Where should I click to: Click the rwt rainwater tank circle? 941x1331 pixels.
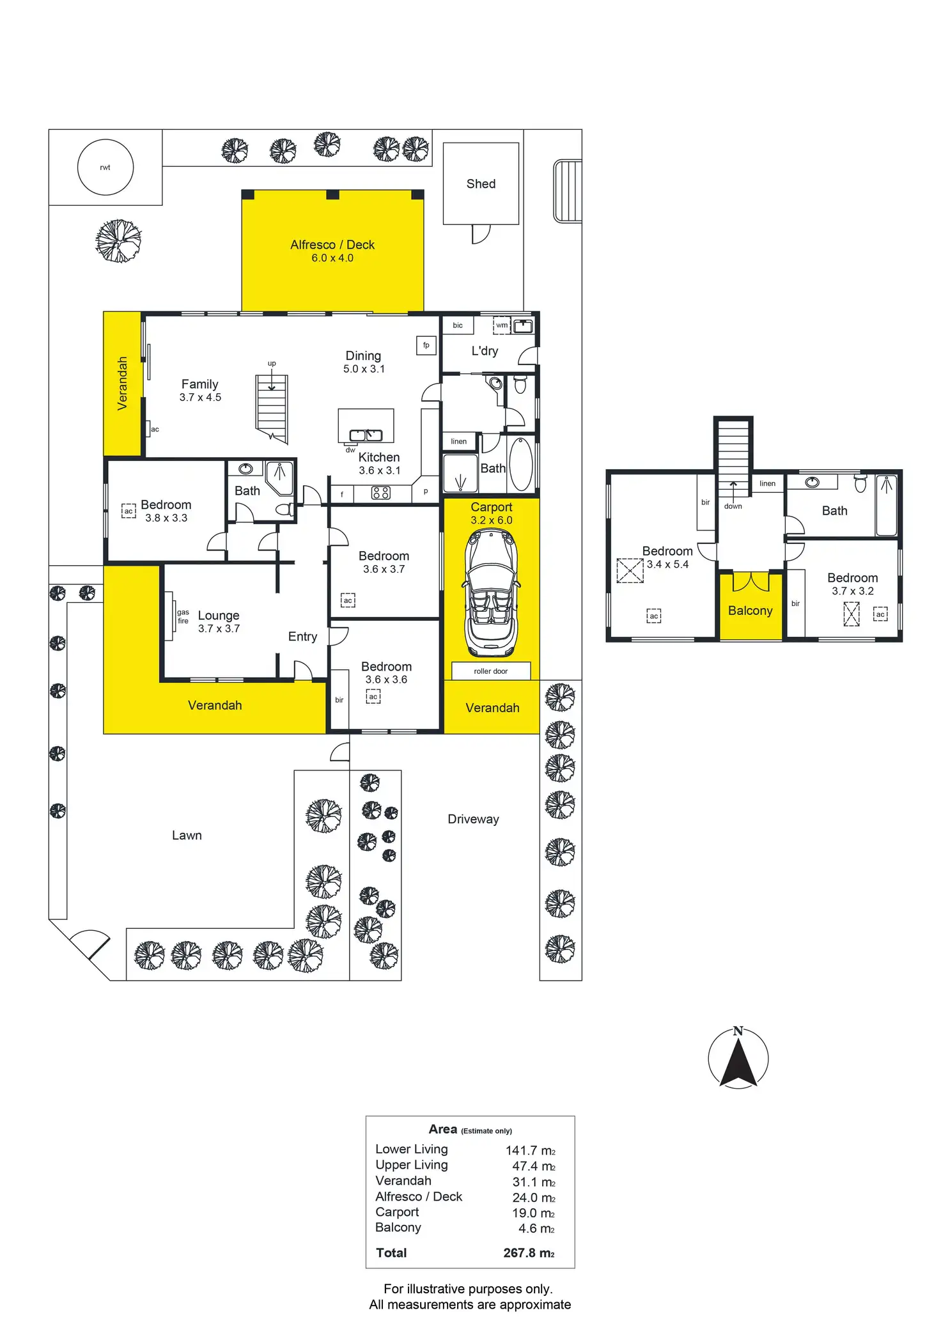(105, 167)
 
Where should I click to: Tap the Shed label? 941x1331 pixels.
(481, 184)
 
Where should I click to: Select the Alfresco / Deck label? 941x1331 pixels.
(332, 245)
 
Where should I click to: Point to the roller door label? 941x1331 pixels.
(491, 671)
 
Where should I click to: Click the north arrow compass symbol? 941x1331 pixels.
(738, 1059)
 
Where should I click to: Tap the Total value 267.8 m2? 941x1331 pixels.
(529, 1253)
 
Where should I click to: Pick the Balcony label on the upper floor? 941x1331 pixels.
(750, 611)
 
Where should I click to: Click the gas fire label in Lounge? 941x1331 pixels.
(183, 616)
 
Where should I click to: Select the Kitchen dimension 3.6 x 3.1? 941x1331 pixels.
(380, 471)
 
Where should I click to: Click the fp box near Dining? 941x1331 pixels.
(426, 345)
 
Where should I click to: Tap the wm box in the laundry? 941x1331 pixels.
(502, 325)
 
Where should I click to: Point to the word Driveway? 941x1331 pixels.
(473, 820)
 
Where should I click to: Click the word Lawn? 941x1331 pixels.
(187, 836)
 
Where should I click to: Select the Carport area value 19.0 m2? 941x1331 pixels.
(533, 1213)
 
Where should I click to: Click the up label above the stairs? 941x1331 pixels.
(272, 364)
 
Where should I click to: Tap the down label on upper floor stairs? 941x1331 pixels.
(733, 506)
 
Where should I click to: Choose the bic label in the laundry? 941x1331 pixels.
(458, 325)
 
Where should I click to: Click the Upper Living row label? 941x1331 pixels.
(412, 1165)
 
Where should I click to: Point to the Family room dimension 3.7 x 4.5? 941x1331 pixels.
(200, 398)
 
